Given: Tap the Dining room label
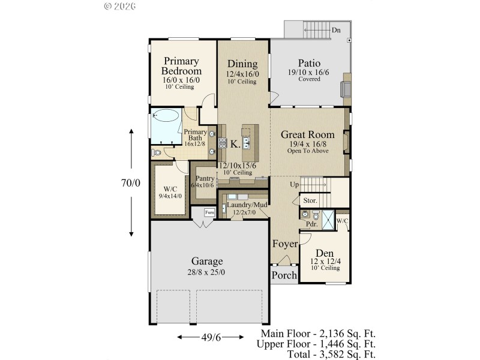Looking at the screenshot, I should [x=242, y=64].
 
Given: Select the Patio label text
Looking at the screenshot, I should [x=310, y=63].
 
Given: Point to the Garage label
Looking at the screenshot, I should [x=207, y=261].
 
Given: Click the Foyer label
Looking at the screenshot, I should [x=285, y=244].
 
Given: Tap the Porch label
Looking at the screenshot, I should [x=284, y=275].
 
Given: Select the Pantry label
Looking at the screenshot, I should [x=205, y=178].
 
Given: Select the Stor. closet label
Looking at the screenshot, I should [x=310, y=200].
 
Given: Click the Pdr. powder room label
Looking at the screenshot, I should [x=311, y=223].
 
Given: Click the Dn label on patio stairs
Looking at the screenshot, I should [x=336, y=29].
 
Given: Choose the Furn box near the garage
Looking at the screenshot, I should [x=210, y=212].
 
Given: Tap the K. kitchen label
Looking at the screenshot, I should [x=236, y=144].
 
